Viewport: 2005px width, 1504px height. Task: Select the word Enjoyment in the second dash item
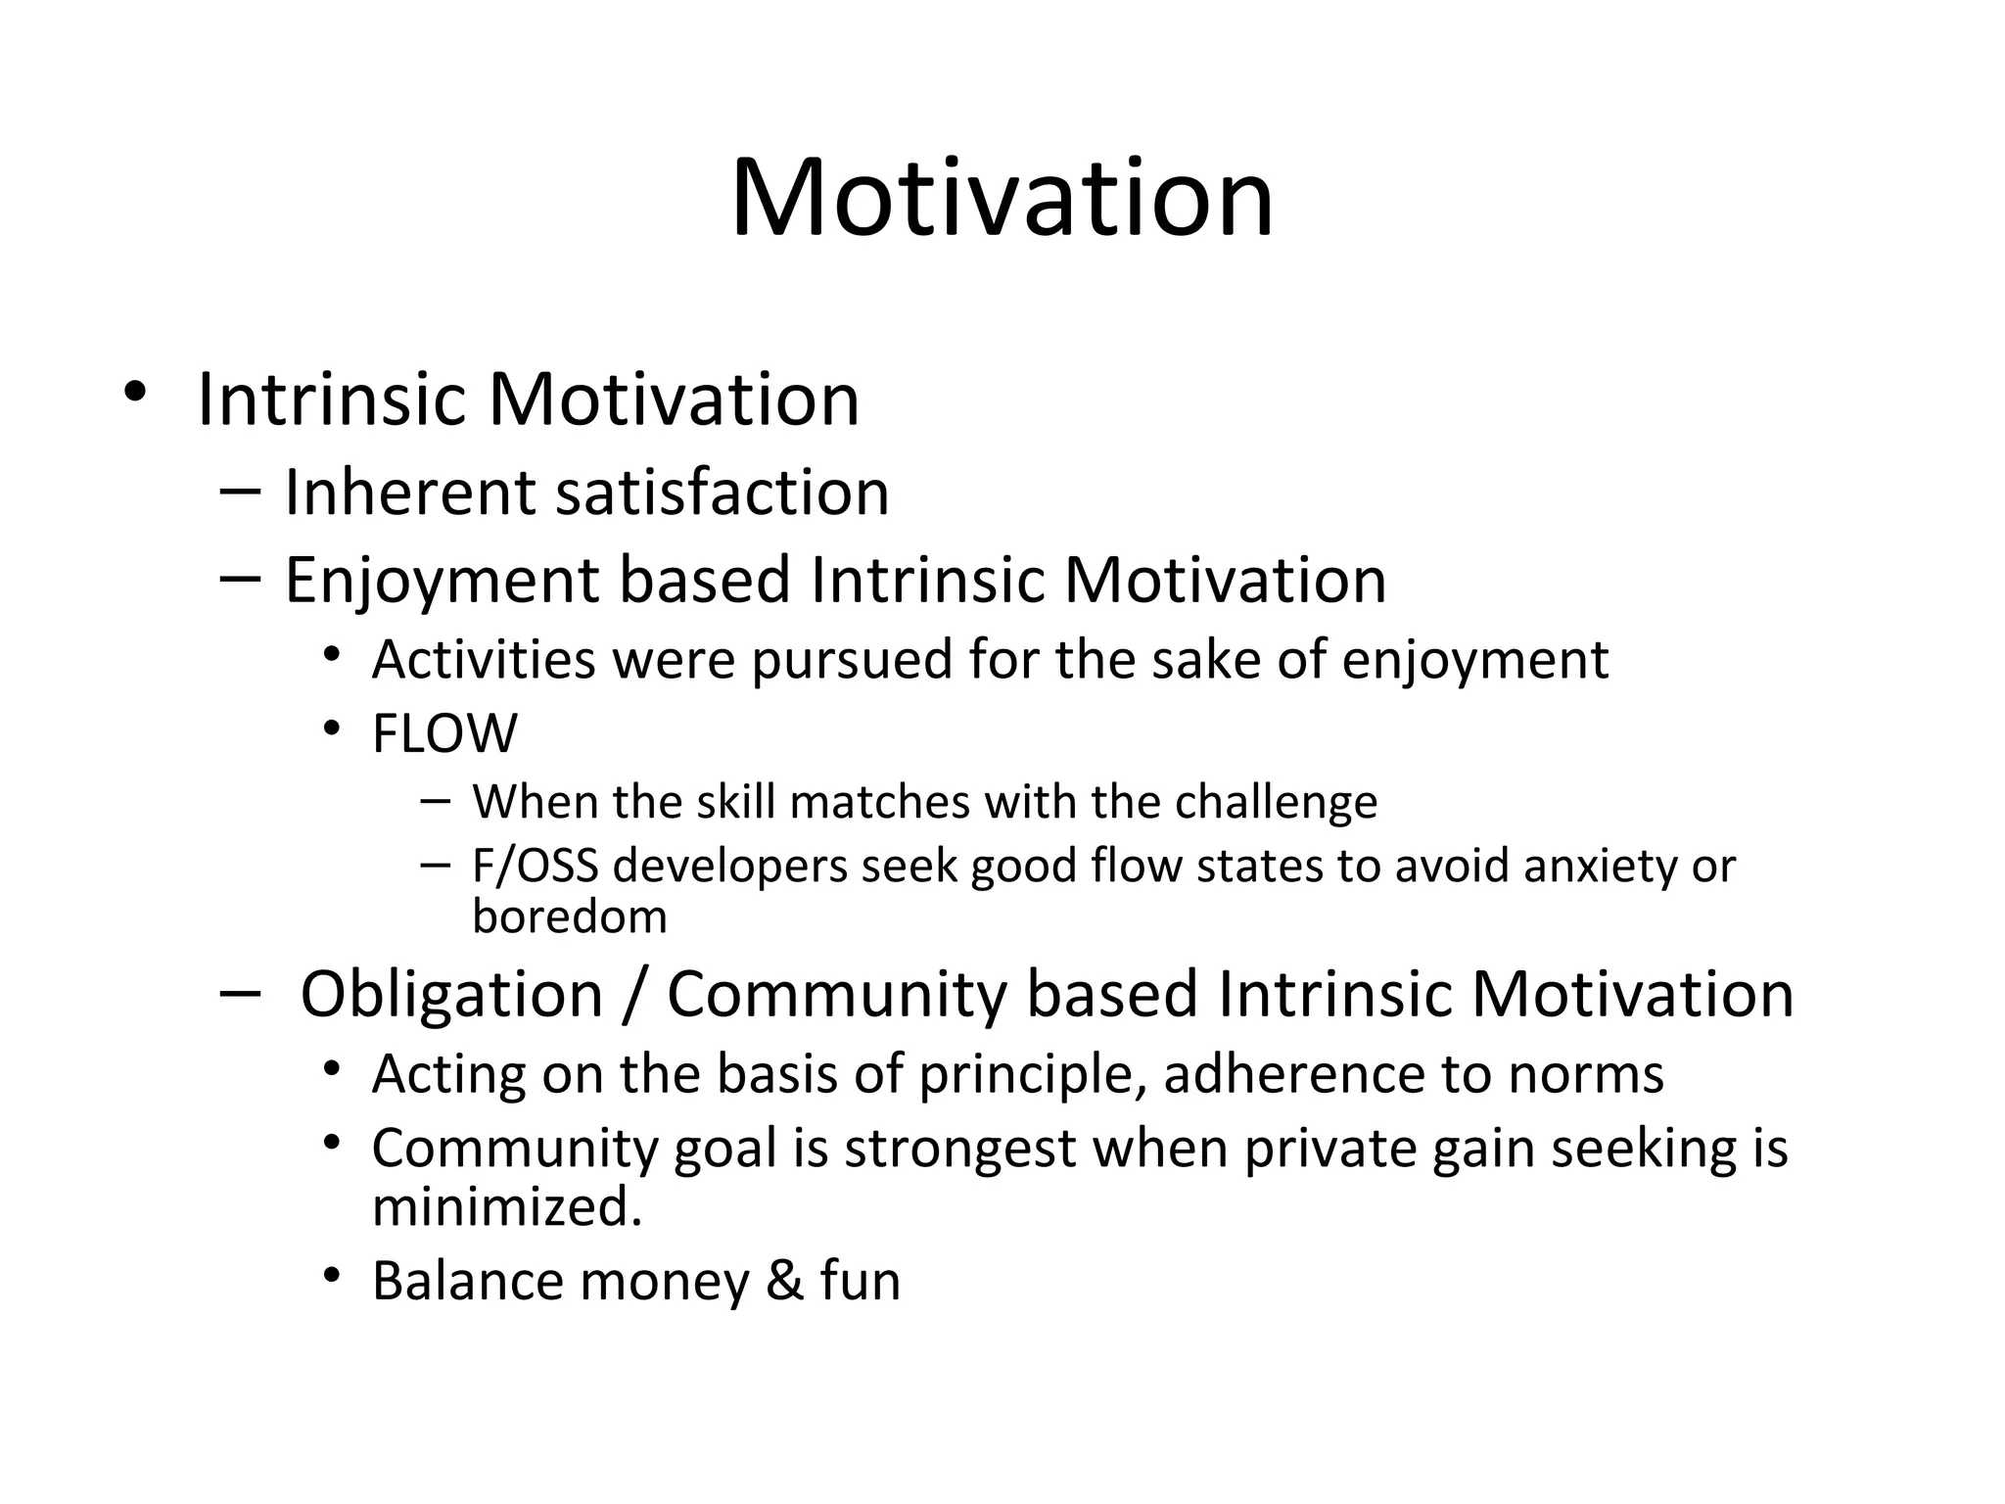coord(441,581)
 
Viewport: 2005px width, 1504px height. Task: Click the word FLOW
coord(444,733)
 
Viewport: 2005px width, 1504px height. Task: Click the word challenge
coord(1276,803)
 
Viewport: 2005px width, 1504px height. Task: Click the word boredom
coord(569,916)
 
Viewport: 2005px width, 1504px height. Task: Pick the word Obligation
coord(451,994)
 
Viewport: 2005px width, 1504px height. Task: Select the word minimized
coord(506,1206)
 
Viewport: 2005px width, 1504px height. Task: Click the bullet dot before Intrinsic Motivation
coord(135,393)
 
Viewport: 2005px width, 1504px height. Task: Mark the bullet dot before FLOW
coord(333,728)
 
